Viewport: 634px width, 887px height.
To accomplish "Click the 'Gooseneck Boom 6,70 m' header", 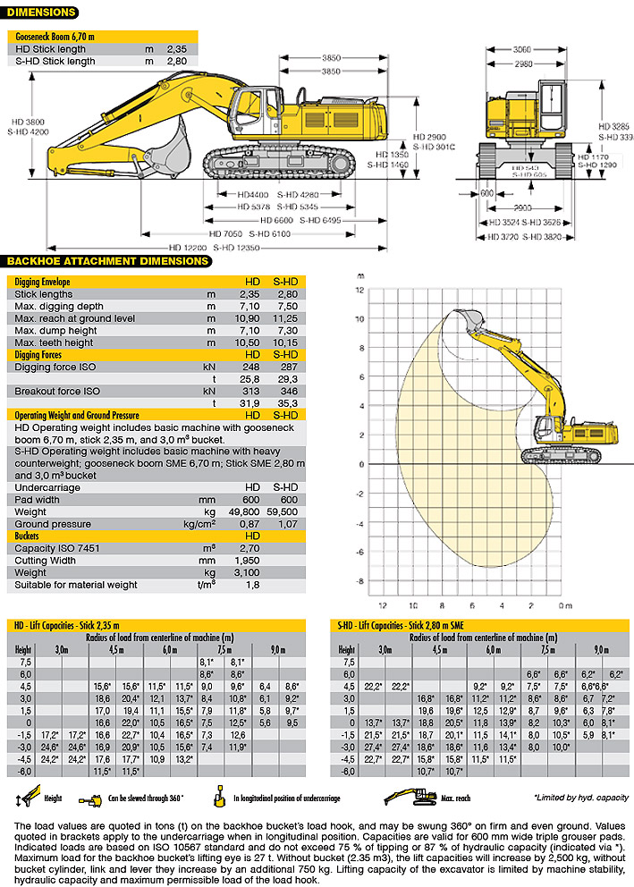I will pos(55,36).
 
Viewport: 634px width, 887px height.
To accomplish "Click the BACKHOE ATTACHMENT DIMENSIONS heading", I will pos(107,261).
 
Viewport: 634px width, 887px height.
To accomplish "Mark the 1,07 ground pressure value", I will pos(284,523).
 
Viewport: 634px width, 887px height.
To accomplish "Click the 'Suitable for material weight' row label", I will pos(76,585).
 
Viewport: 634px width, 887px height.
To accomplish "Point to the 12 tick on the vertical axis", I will pos(359,290).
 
